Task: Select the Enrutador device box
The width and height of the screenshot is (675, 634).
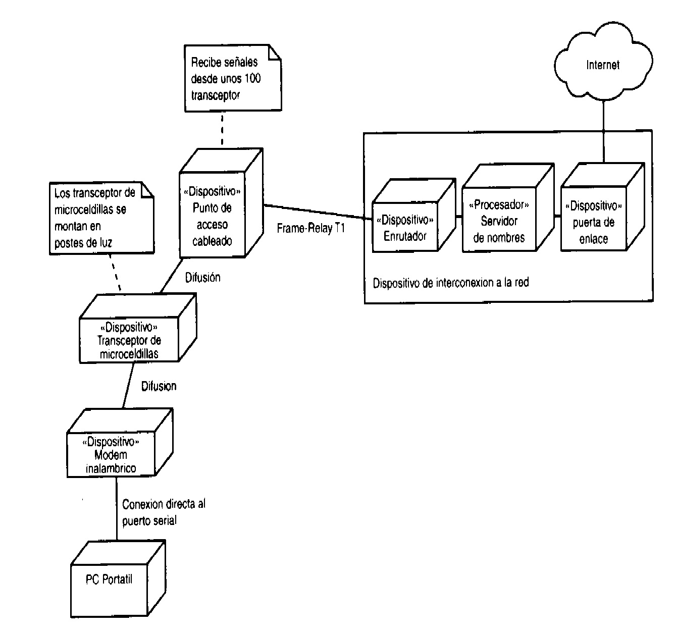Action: (x=405, y=228)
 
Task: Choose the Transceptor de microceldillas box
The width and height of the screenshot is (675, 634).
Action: (x=129, y=340)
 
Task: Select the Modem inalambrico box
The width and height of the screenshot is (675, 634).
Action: (x=111, y=454)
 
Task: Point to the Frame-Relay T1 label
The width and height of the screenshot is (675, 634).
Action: (x=310, y=229)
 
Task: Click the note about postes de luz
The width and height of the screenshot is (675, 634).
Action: (x=96, y=218)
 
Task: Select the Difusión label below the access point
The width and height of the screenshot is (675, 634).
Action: (x=202, y=277)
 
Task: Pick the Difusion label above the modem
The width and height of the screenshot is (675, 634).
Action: (x=159, y=386)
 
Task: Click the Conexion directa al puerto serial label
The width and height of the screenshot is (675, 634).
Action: (x=163, y=512)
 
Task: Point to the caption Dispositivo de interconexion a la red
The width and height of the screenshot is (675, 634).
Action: (x=450, y=283)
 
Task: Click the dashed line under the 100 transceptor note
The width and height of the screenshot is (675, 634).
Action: (x=222, y=129)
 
